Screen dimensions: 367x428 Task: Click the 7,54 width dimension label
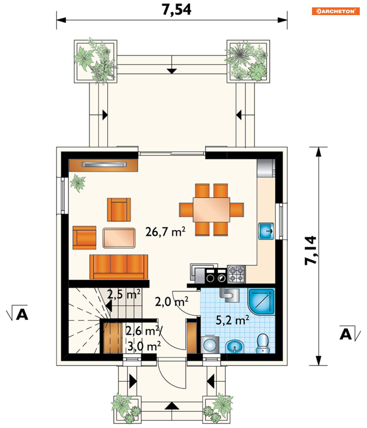point(177,10)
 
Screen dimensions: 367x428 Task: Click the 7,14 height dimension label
point(311,250)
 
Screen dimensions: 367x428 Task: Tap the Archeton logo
point(336,11)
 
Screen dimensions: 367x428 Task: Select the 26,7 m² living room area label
point(165,231)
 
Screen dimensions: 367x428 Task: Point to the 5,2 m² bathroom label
point(232,320)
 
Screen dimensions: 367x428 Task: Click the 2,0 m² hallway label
point(172,301)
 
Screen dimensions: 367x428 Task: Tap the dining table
point(211,210)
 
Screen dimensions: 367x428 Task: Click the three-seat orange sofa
point(119,267)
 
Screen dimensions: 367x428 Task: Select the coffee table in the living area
point(119,238)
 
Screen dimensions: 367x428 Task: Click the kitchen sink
point(266,231)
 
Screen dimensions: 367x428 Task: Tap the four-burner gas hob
point(236,274)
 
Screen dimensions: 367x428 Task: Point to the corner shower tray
point(261,301)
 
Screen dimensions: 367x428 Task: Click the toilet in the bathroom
point(263,344)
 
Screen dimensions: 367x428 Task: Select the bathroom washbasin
point(235,347)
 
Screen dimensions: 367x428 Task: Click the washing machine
point(210,345)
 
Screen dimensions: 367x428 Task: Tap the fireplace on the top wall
point(103,165)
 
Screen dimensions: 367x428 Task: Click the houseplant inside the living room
point(78,183)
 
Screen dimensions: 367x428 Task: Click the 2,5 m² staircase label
point(124,294)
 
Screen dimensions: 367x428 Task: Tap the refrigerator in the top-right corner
point(266,168)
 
